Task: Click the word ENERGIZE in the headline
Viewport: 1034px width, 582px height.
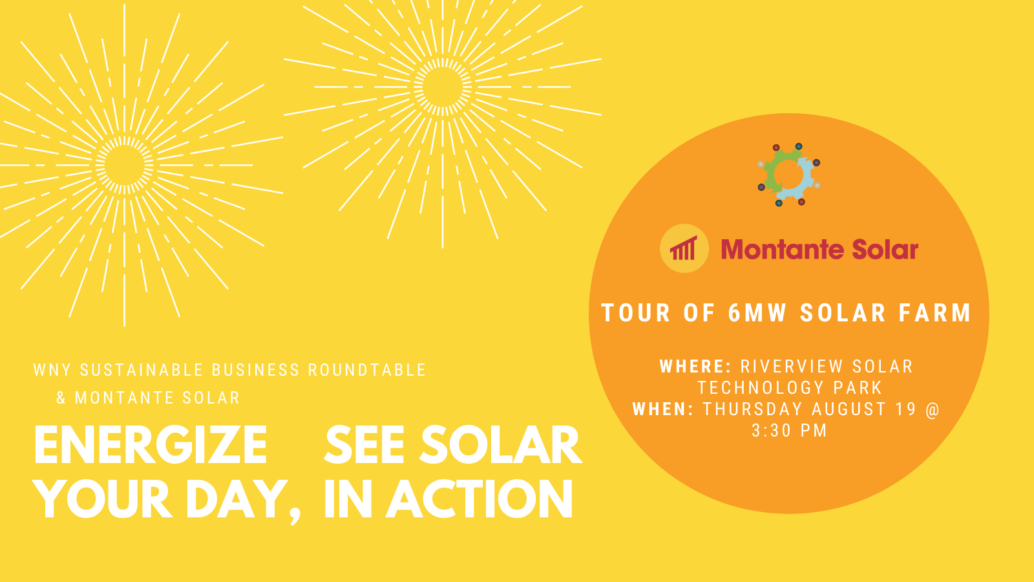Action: (151, 445)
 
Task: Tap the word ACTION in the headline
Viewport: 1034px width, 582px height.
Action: (479, 499)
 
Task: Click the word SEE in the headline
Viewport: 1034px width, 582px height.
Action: (364, 445)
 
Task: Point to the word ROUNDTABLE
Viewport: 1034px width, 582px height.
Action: (367, 370)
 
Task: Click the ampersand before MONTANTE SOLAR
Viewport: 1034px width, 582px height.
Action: (61, 398)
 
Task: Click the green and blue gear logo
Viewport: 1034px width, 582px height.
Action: (789, 175)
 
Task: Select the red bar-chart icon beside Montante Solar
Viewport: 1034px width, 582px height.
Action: (684, 248)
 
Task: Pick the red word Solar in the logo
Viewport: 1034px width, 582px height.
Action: (885, 250)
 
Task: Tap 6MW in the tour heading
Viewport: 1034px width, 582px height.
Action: (757, 313)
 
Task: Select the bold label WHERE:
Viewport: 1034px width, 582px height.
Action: (695, 366)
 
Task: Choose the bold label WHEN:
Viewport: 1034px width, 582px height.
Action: (663, 409)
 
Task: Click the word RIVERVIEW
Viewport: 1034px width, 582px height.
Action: (792, 366)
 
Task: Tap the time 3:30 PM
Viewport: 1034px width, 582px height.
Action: (789, 430)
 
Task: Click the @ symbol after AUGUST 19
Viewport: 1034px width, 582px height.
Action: (933, 409)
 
